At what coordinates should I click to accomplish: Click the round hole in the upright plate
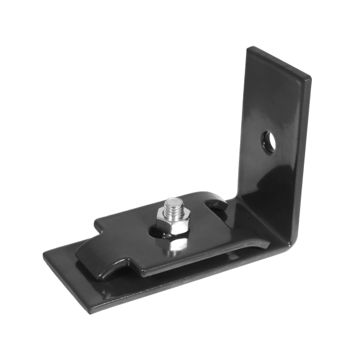click(269, 141)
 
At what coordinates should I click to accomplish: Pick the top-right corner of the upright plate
click(310, 78)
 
